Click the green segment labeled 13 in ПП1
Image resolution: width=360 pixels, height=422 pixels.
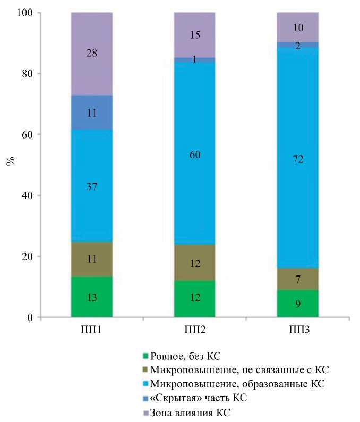pos(91,297)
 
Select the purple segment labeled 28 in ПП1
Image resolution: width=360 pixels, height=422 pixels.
pos(91,54)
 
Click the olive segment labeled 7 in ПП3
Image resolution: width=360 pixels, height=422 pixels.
pos(297,279)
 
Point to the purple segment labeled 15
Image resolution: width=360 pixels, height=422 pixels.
pos(194,35)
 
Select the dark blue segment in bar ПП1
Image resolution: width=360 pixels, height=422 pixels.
pos(91,113)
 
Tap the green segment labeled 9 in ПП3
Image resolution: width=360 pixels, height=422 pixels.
pos(297,304)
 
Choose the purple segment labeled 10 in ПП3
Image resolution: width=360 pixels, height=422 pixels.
pos(297,27)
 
